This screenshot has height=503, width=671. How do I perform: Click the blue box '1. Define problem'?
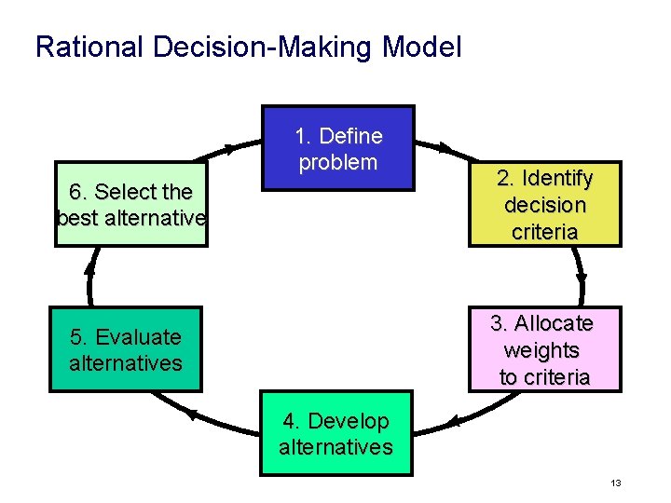(337, 148)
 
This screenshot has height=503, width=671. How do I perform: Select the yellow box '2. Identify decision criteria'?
(544, 204)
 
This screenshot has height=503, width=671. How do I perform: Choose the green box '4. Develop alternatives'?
(336, 434)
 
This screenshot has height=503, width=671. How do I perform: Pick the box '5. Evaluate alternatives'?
(126, 349)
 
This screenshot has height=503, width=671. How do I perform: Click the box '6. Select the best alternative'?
(130, 204)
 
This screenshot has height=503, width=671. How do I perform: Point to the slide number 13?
(615, 483)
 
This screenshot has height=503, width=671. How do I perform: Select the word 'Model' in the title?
(420, 47)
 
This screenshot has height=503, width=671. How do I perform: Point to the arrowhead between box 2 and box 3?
(582, 277)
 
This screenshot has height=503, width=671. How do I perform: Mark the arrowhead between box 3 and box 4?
(454, 422)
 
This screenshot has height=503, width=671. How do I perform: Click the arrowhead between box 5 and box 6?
(90, 267)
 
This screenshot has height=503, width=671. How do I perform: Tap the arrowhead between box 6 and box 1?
(228, 148)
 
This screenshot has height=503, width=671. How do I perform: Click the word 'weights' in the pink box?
(541, 350)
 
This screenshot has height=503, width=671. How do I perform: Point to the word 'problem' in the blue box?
(337, 162)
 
